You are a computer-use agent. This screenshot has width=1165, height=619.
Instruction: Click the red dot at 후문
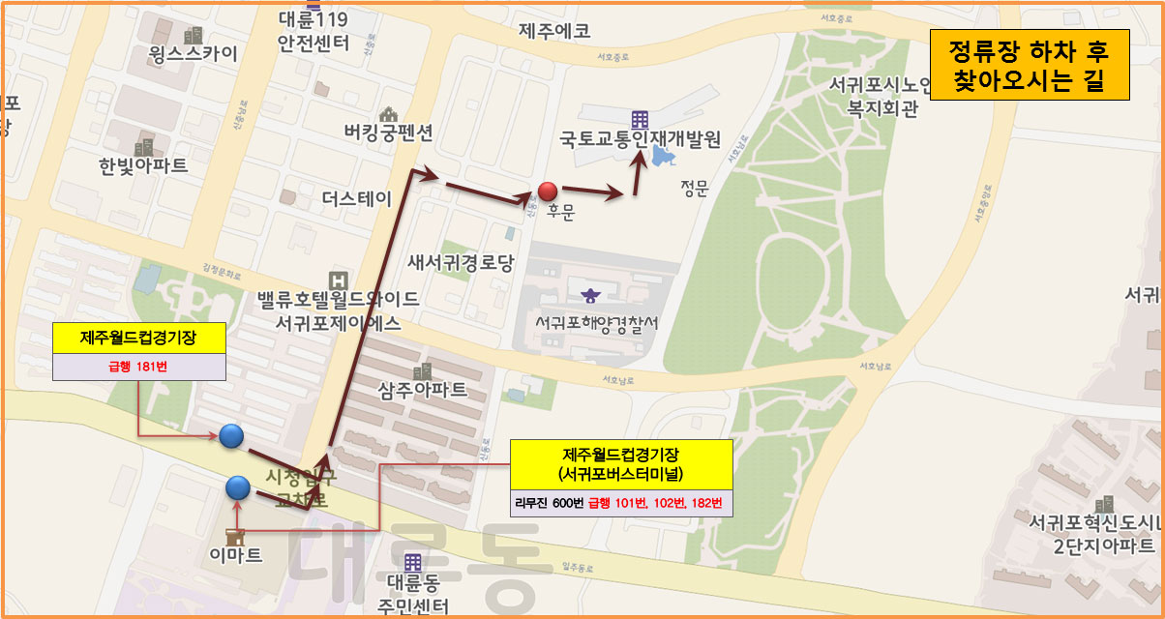[548, 191]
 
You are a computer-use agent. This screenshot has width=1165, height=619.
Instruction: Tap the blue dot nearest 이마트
[238, 487]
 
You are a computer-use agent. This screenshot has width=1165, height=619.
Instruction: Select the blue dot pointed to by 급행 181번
[230, 436]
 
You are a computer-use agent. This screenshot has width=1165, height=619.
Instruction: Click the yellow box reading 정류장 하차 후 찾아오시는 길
[1030, 65]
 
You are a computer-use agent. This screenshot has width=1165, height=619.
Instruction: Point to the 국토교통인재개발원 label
[640, 140]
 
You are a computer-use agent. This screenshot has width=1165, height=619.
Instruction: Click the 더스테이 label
[357, 199]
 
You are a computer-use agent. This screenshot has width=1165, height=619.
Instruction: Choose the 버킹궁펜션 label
[389, 133]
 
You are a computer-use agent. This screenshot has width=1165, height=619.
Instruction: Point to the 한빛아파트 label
[143, 166]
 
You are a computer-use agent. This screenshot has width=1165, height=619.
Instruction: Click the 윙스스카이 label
[194, 53]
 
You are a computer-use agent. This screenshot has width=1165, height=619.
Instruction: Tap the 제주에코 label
[554, 31]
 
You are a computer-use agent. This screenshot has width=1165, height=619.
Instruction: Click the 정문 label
[695, 189]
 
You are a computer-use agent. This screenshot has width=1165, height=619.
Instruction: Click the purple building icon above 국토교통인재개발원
[640, 119]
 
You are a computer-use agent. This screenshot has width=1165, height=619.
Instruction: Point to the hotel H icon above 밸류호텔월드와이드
[336, 279]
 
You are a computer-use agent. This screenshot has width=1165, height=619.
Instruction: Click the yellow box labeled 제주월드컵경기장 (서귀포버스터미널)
[620, 464]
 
